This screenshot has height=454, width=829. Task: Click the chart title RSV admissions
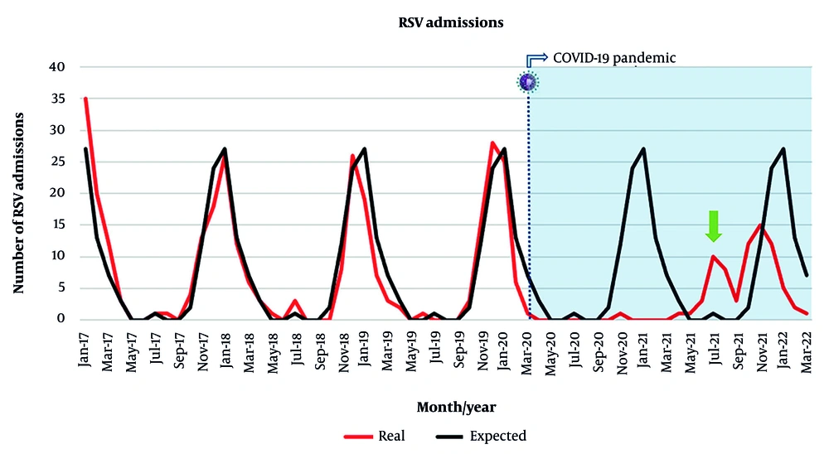(x=451, y=23)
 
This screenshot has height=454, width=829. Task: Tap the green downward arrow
(x=713, y=225)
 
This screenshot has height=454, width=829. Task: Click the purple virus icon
(x=528, y=81)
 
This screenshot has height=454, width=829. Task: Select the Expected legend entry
(x=481, y=436)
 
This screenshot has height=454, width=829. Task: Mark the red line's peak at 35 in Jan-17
(x=85, y=99)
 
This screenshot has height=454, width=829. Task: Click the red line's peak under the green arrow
(x=714, y=256)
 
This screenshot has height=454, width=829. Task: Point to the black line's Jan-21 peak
(x=643, y=149)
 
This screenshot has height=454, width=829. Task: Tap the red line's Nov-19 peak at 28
(x=492, y=142)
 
